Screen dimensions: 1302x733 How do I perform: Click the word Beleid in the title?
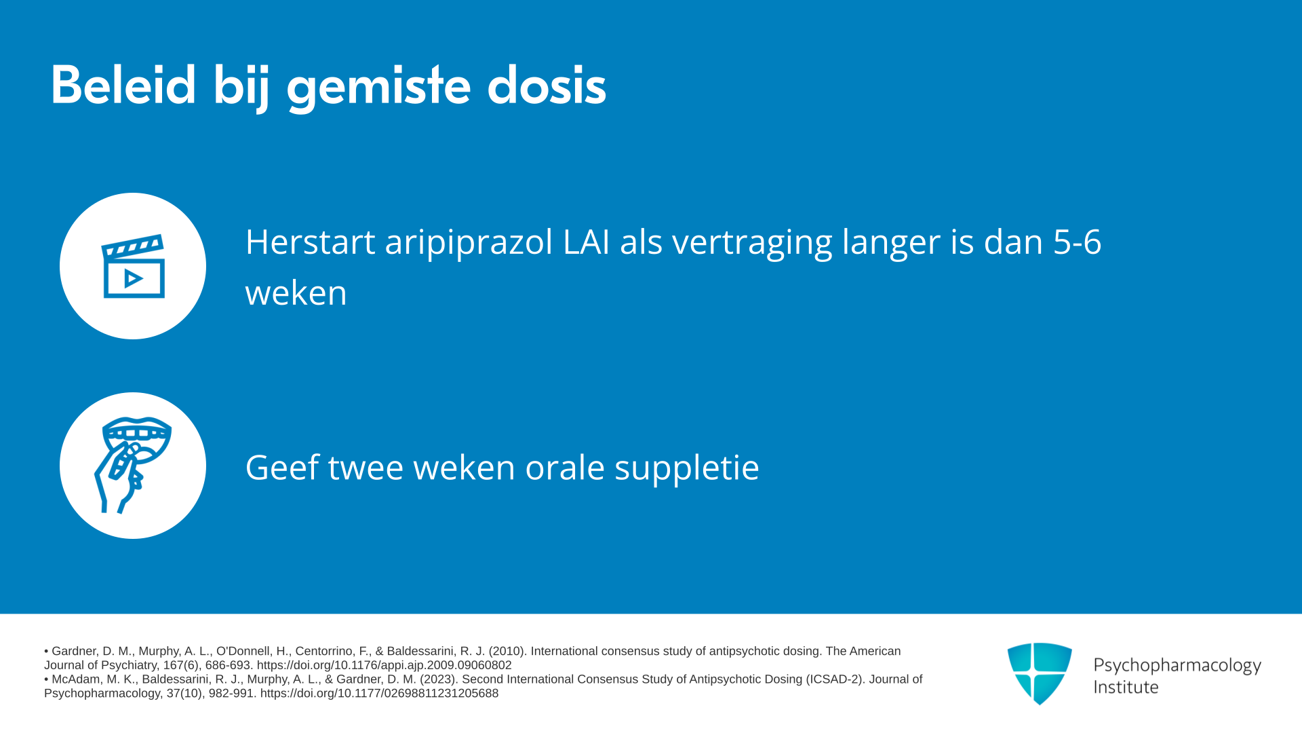click(123, 86)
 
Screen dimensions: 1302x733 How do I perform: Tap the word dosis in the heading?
click(547, 86)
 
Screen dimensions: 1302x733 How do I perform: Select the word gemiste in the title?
click(378, 89)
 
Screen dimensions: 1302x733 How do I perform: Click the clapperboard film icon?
click(133, 266)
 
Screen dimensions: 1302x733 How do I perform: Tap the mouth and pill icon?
click(133, 466)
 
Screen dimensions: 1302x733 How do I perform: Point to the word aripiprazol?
click(469, 243)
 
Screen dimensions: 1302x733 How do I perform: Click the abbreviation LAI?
click(586, 242)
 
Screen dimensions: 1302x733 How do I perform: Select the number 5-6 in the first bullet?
click(1077, 242)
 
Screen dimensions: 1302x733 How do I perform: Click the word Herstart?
click(310, 242)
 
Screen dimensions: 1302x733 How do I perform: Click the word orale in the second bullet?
click(565, 467)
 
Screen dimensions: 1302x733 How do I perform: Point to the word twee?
click(366, 467)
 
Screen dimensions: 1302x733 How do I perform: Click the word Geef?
click(282, 467)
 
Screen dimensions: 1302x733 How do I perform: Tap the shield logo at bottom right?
click(1040, 673)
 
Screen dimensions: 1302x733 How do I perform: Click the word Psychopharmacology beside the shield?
click(1177, 666)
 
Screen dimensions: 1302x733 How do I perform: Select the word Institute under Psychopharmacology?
click(1126, 687)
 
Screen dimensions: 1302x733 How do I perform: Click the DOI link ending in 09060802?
click(384, 665)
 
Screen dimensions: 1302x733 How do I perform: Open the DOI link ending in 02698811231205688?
click(379, 693)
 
